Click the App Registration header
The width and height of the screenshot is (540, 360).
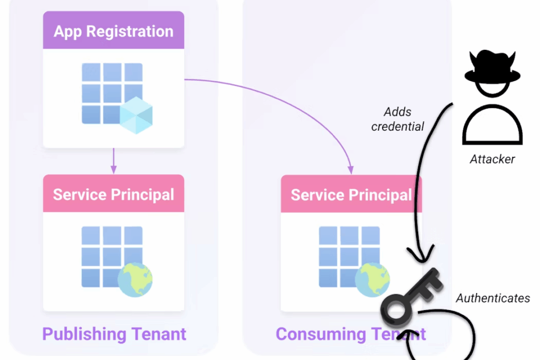pyautogui.click(x=113, y=31)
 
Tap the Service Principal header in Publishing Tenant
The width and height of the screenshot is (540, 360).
pyautogui.click(x=113, y=194)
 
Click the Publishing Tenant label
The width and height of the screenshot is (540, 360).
pyautogui.click(x=114, y=334)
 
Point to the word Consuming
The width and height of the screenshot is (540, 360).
pyautogui.click(x=314, y=334)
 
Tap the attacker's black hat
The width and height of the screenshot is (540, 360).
pyautogui.click(x=492, y=69)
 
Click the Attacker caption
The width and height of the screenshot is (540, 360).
pyautogui.click(x=492, y=159)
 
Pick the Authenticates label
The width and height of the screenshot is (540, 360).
pyautogui.click(x=492, y=298)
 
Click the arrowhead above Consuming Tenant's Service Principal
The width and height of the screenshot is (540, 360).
pyautogui.click(x=351, y=170)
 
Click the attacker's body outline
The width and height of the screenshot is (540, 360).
pyautogui.click(x=492, y=125)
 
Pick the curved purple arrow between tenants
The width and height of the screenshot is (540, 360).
pyautogui.click(x=279, y=96)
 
